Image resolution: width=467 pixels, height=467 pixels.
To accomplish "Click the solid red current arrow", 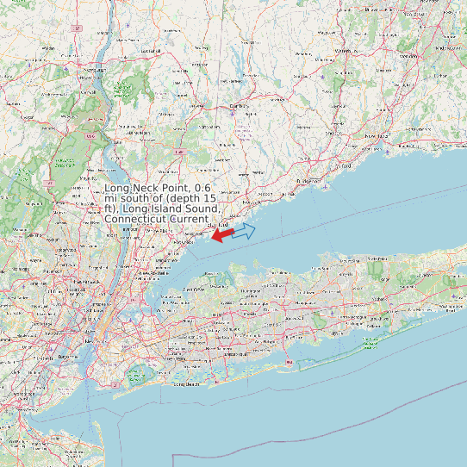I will point(222,234).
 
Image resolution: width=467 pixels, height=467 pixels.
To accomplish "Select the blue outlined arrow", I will point(245,230).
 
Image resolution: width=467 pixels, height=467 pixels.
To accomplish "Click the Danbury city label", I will point(240,106).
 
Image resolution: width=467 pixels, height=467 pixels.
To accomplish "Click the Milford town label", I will point(345,165).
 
